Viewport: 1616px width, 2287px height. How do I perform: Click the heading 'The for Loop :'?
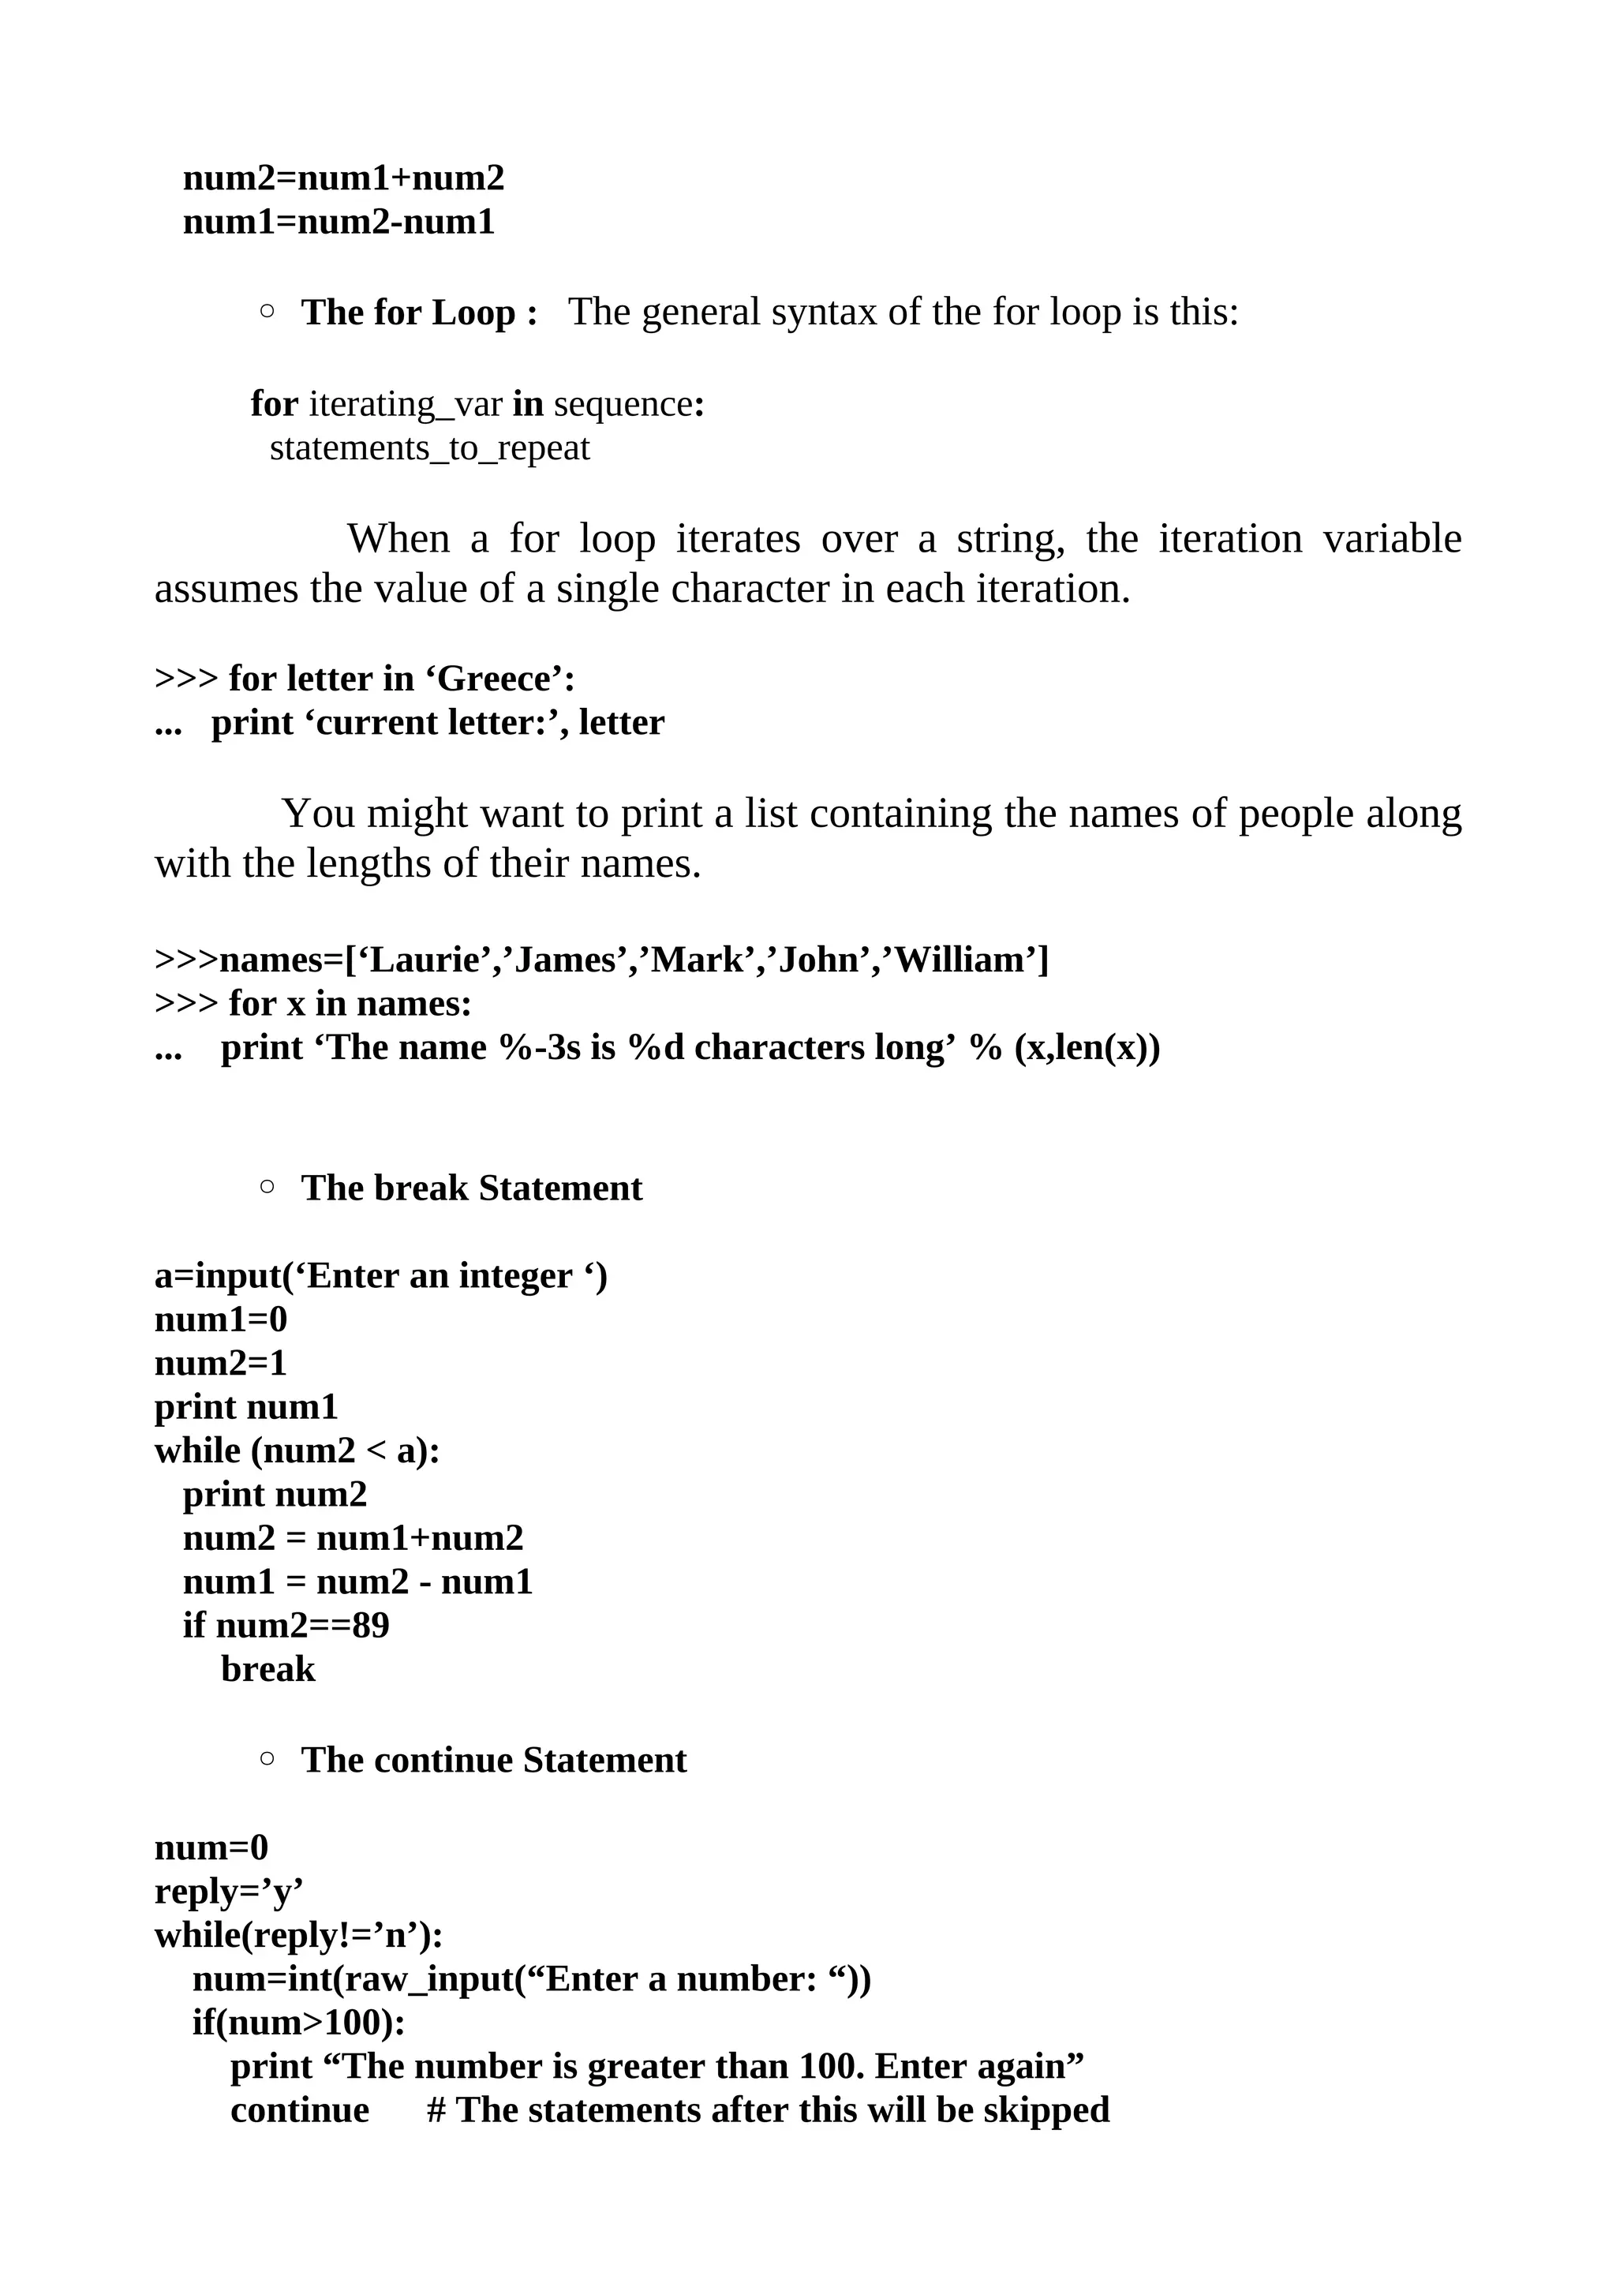[419, 313]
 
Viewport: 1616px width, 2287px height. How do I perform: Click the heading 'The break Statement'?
[472, 1188]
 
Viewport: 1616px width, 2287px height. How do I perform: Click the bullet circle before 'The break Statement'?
[267, 1186]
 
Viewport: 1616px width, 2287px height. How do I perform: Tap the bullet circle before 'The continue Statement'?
[267, 1758]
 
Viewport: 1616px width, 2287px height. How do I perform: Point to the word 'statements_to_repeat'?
[430, 448]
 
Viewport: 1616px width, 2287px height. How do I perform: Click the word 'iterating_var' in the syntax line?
[406, 404]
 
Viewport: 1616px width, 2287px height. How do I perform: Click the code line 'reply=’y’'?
[229, 1892]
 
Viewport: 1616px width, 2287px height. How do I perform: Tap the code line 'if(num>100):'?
[299, 2023]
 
